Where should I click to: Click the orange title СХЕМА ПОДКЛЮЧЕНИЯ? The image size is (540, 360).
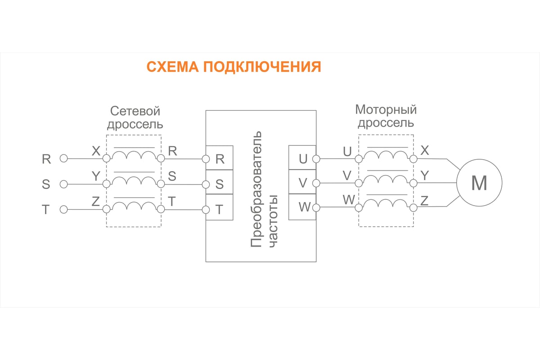pos(234,67)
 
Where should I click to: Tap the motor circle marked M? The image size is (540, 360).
pos(479,183)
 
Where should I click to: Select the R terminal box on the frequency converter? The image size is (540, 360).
pos(219,158)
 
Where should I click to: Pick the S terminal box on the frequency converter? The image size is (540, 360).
pos(219,184)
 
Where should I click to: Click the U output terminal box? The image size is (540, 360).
pos(302,158)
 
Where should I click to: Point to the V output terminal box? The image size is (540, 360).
pos(302,183)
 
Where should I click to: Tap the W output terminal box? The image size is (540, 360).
pos(302,207)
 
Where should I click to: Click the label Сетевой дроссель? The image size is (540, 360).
pos(135,117)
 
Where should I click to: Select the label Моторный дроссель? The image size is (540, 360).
pos(386,116)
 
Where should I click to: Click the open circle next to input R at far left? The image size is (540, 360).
pos(64,158)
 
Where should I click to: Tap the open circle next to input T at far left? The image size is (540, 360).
pos(64,209)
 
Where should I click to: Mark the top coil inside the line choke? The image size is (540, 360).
pos(134,155)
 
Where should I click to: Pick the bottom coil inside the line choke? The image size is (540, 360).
pos(134,206)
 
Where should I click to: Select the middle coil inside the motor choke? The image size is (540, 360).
pos(386,180)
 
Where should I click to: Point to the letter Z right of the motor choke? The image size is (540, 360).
pos(424,201)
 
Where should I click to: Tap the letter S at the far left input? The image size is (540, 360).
pos(46,184)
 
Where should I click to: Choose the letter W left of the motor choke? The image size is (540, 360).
pos(348,200)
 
